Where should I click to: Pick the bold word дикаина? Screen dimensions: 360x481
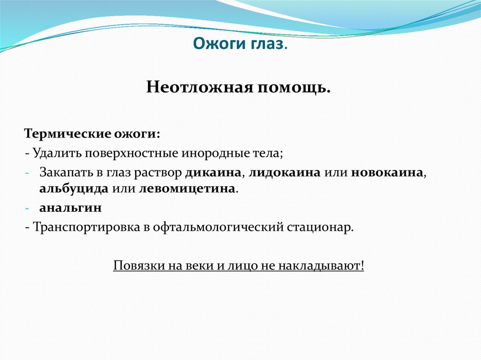click(x=214, y=172)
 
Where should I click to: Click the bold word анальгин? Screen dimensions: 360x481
click(x=64, y=207)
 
